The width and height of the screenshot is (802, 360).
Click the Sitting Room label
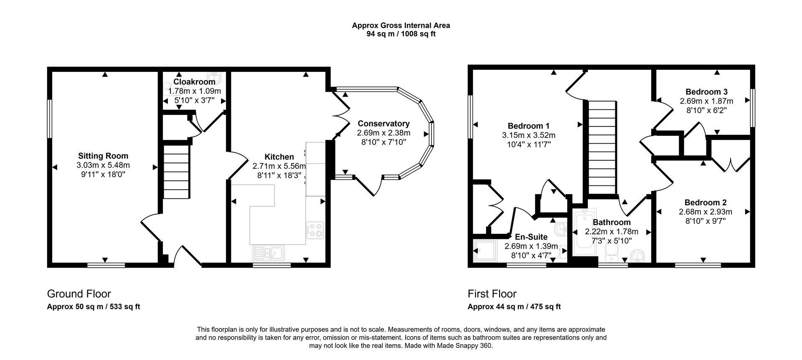click(103, 156)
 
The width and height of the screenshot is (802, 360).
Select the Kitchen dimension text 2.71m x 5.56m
click(279, 166)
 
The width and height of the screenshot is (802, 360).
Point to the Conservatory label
click(383, 124)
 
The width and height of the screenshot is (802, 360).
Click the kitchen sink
click(268, 252)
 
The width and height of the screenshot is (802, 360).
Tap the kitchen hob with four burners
click(315, 230)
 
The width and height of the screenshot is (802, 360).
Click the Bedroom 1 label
click(528, 126)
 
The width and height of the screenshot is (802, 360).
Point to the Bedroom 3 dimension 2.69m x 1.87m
click(706, 101)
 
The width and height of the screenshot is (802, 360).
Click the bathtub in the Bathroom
click(581, 233)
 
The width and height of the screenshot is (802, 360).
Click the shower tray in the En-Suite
click(485, 251)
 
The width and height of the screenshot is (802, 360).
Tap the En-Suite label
click(531, 237)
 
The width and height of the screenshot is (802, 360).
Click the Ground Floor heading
click(79, 294)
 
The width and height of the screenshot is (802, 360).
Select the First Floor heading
click(492, 294)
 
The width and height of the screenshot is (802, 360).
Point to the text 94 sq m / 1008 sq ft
click(401, 34)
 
